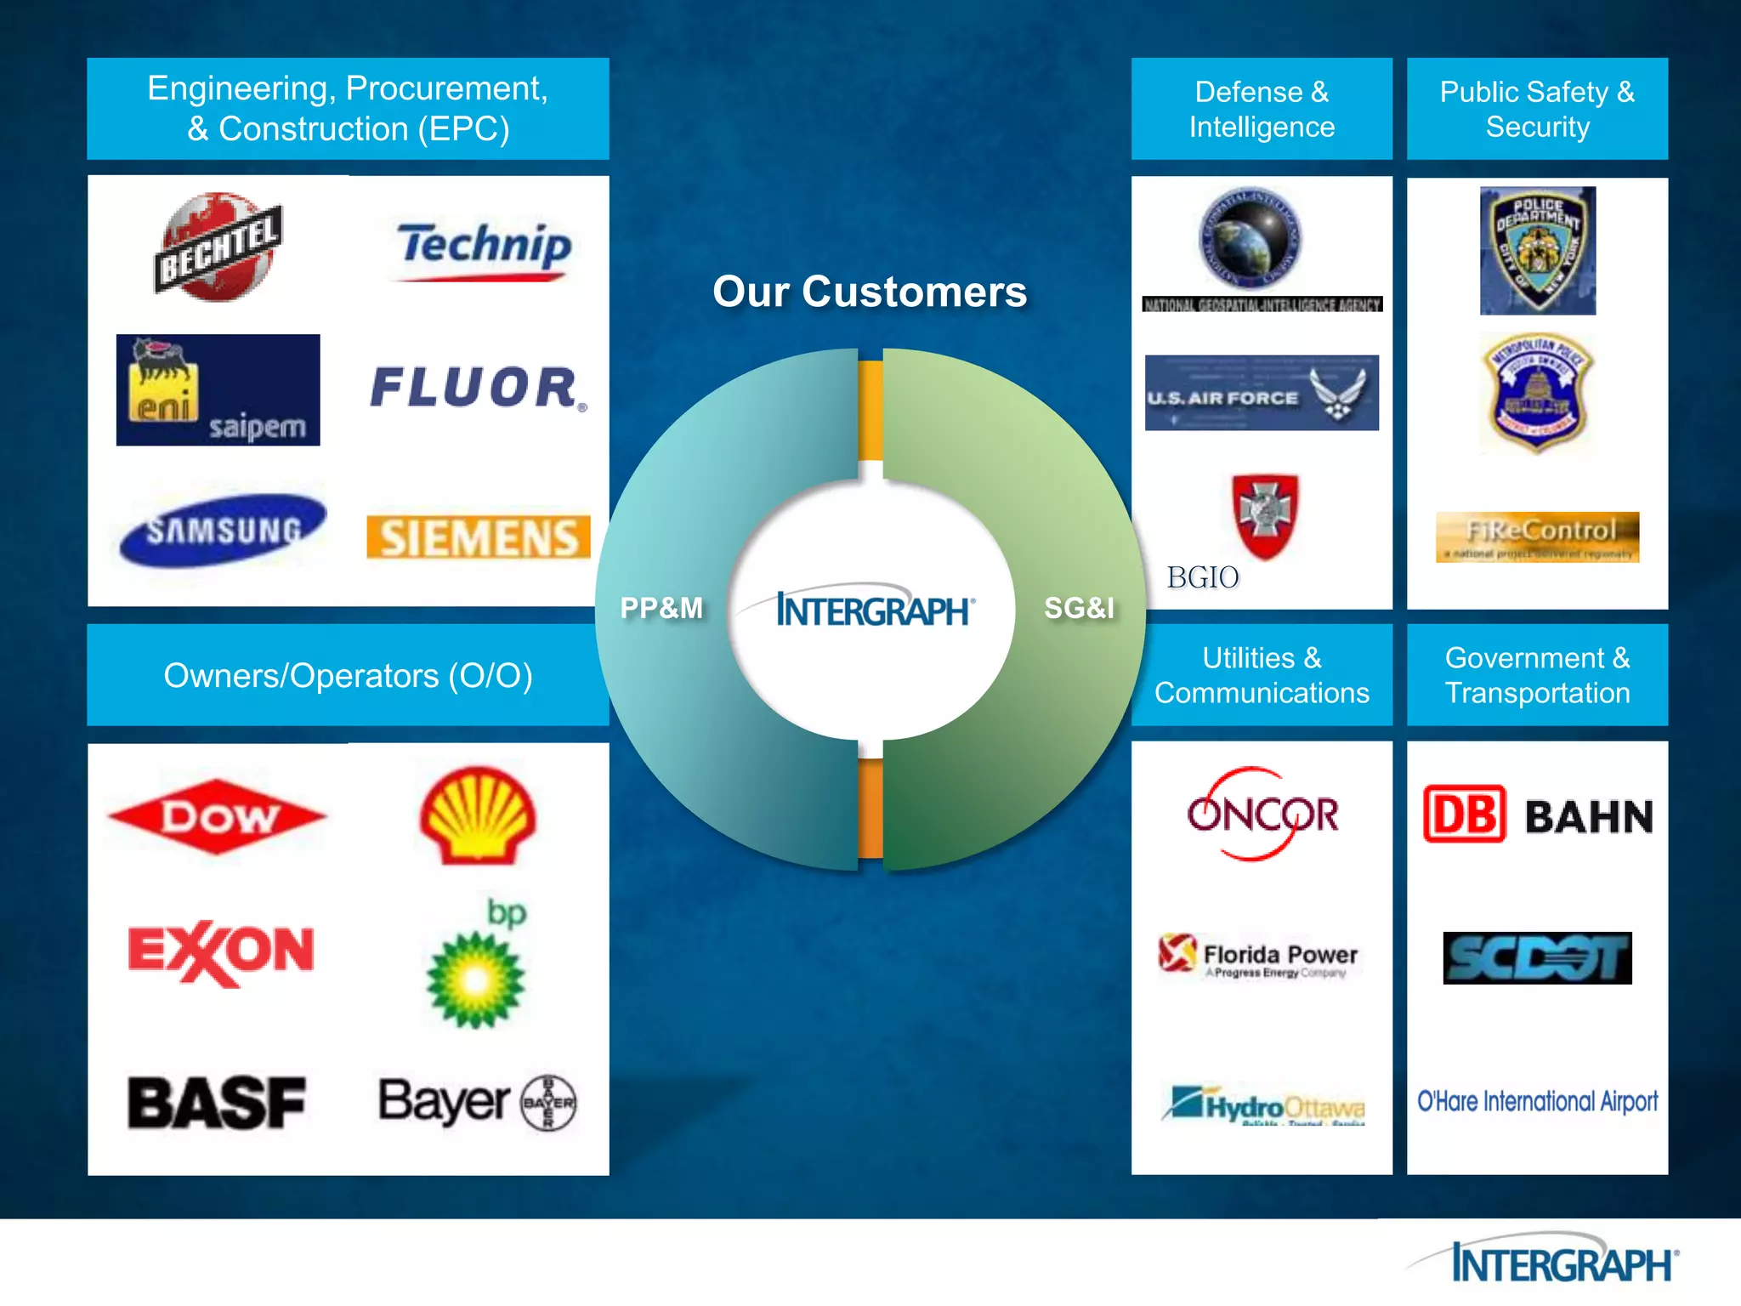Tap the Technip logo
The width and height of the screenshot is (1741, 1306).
pos(484,248)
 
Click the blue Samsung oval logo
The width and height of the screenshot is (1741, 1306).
pos(223,530)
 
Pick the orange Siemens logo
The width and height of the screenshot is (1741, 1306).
pos(479,537)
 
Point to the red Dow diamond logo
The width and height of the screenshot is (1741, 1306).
pos(218,816)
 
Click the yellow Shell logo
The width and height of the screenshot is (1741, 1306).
pos(478,815)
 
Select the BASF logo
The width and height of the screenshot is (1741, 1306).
pos(217,1103)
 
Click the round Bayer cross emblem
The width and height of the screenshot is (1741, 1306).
pos(548,1103)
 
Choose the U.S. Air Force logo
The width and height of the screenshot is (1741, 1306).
pos(1262,393)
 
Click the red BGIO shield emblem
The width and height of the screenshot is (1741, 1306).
pos(1266,515)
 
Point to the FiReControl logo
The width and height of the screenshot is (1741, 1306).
pos(1537,537)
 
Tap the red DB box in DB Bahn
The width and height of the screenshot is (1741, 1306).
pos(1464,814)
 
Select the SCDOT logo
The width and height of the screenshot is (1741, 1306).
pos(1537,958)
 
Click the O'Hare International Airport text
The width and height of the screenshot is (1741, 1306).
pos(1537,1101)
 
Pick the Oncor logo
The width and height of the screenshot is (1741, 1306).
pos(1262,814)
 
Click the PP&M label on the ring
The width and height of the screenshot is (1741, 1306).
pos(661,608)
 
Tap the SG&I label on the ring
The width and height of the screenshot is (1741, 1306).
pos(1079,608)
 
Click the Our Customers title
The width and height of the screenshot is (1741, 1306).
pos(870,292)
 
